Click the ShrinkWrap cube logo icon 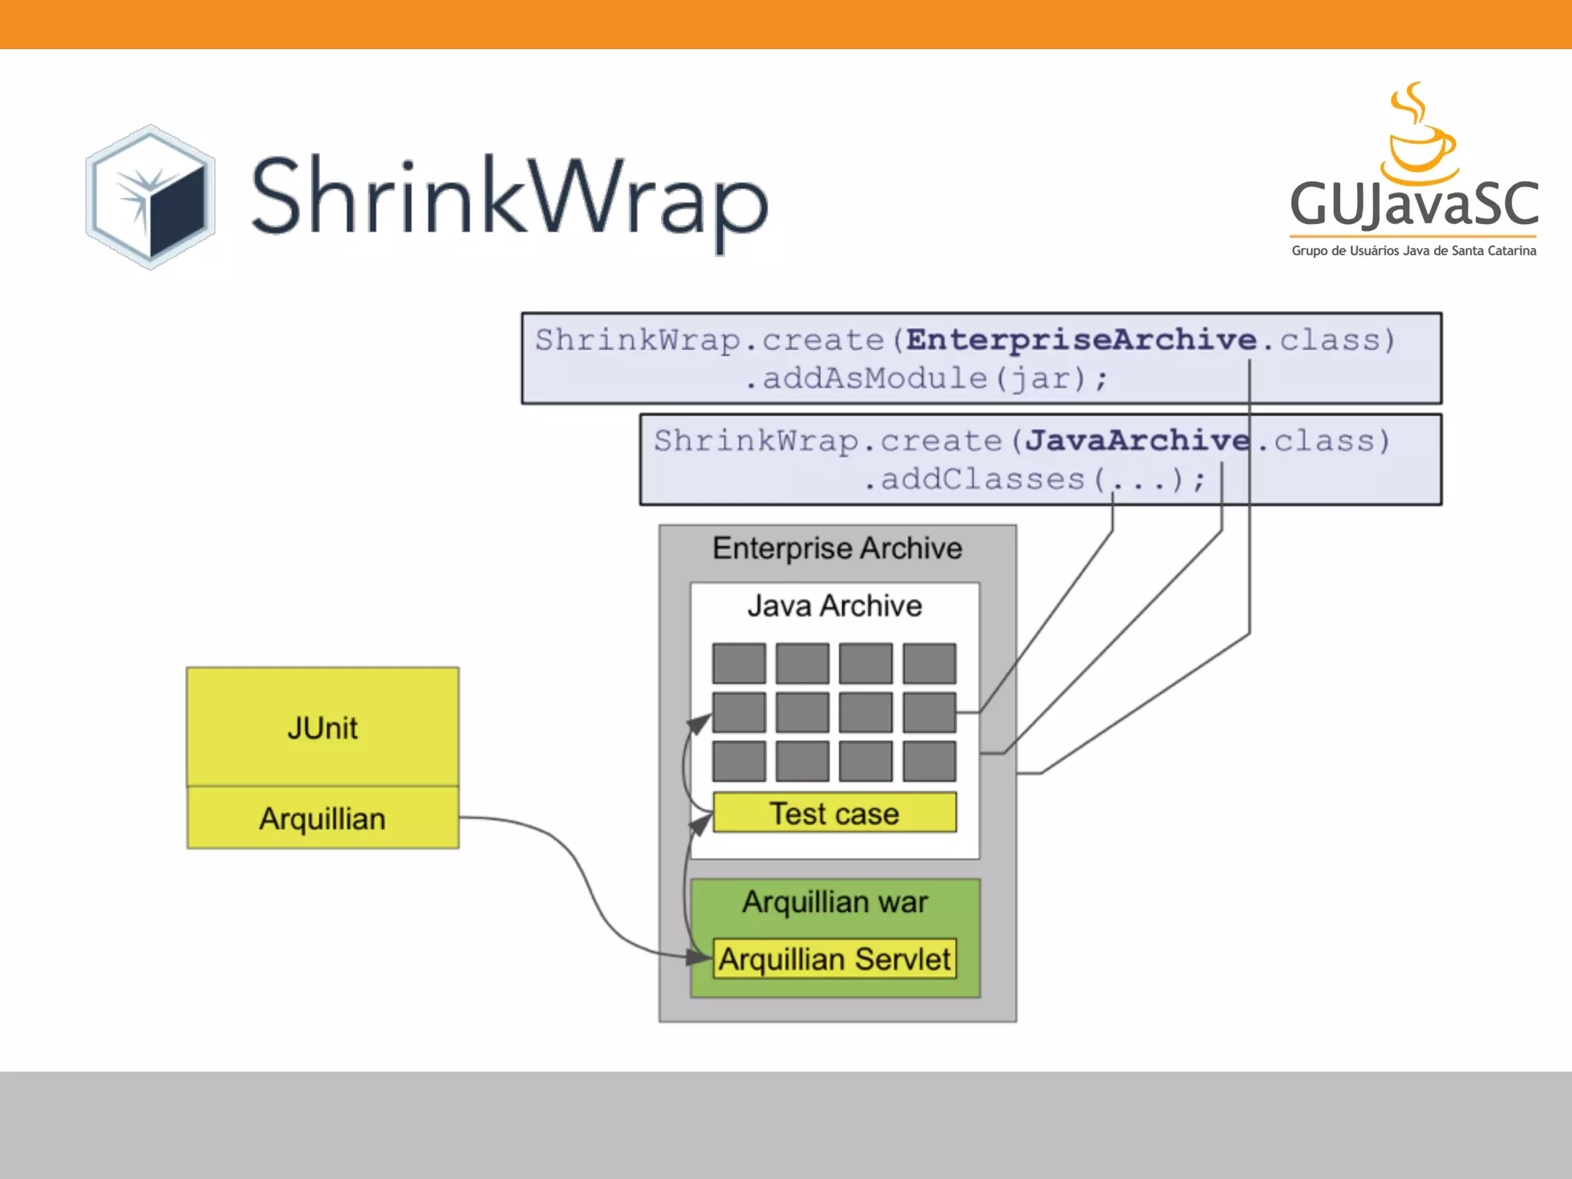(x=150, y=196)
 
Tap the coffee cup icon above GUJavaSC (x=1418, y=134)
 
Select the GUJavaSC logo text (x=1414, y=204)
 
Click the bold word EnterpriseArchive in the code (x=1081, y=339)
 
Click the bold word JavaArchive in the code (x=1137, y=440)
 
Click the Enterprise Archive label (x=837, y=548)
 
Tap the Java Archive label (x=834, y=606)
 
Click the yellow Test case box (x=835, y=812)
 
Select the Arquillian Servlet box (x=835, y=958)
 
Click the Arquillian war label (x=835, y=901)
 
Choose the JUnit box (x=322, y=726)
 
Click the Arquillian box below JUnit (x=322, y=817)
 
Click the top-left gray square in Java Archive (x=739, y=663)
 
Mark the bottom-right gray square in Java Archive (x=930, y=761)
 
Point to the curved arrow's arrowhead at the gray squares (x=699, y=723)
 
